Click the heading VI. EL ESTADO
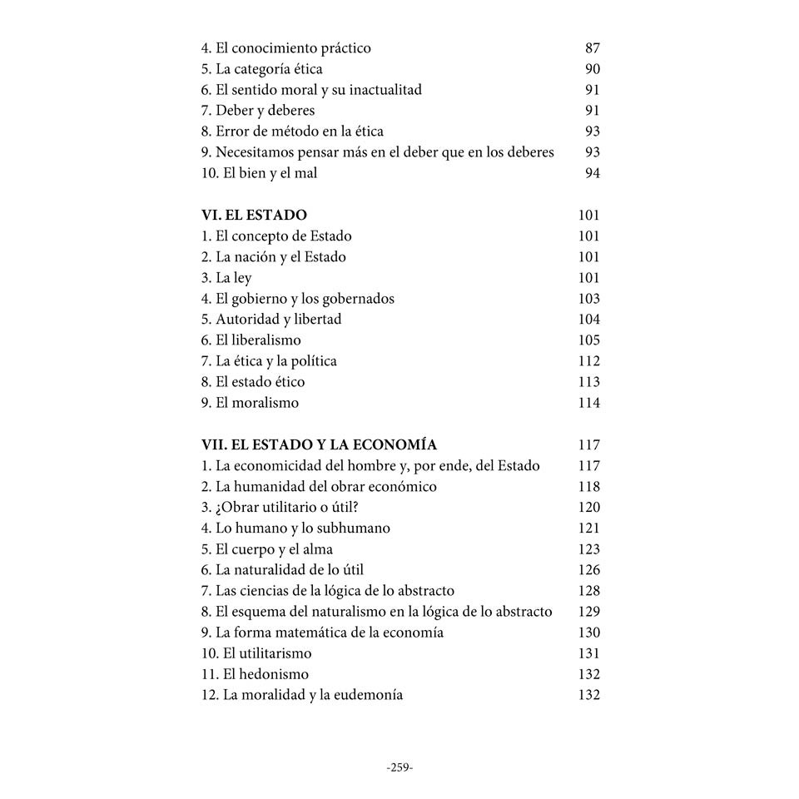(254, 216)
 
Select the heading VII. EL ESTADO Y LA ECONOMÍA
(319, 445)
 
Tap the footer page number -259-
(399, 767)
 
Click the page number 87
(592, 48)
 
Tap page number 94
(592, 173)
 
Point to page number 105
(588, 340)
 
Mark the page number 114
(588, 403)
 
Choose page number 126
(588, 570)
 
